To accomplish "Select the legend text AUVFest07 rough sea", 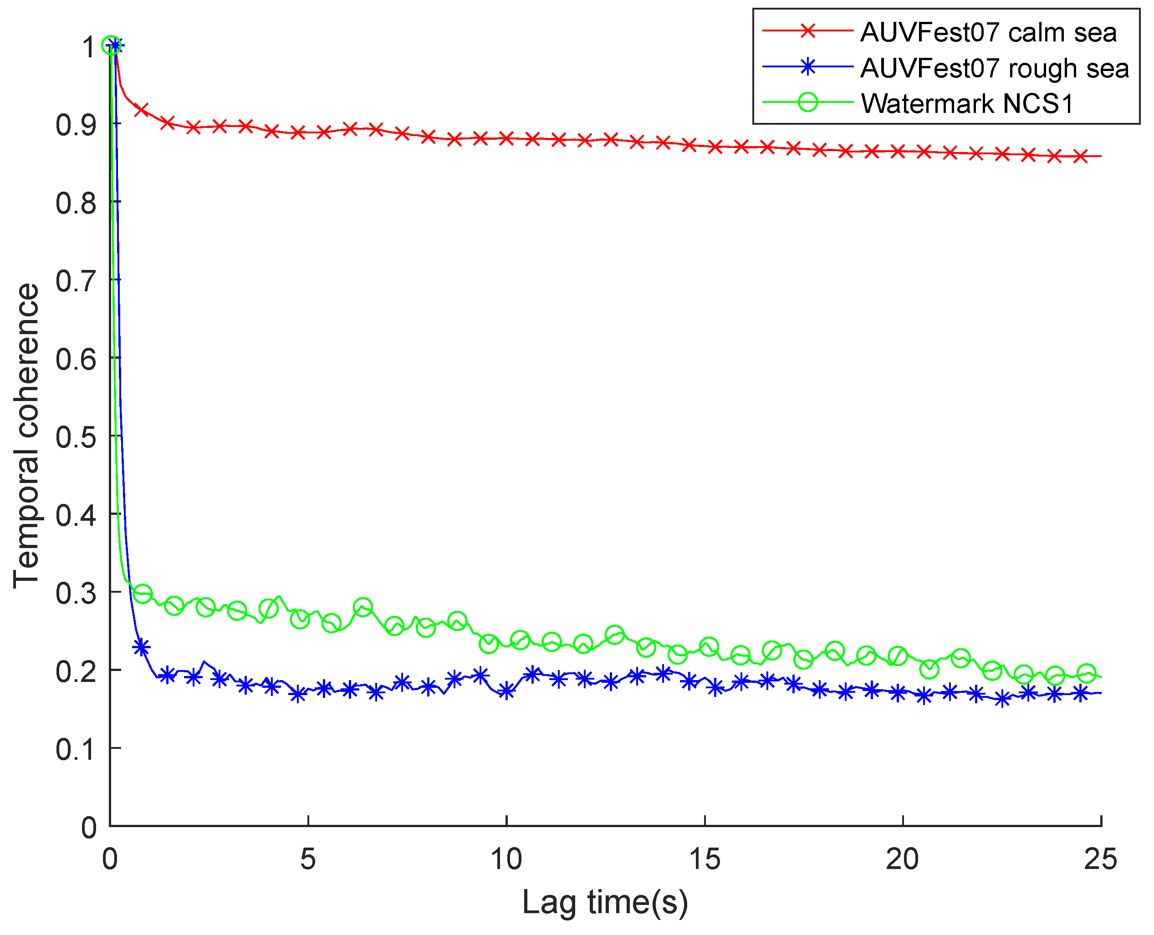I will pyautogui.click(x=994, y=68).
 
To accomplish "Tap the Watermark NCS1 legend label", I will pyautogui.click(x=967, y=103).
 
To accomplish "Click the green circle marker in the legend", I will pyautogui.click(x=807, y=102).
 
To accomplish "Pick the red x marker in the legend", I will pyautogui.click(x=807, y=31).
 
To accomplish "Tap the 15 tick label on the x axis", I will pyautogui.click(x=704, y=859).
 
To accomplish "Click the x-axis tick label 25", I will pyautogui.click(x=1100, y=859).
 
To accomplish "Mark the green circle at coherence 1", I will pyautogui.click(x=111, y=47).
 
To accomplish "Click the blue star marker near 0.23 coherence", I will pyautogui.click(x=141, y=647).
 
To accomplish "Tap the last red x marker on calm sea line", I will pyautogui.click(x=1080, y=157).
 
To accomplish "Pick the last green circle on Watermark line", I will pyautogui.click(x=1087, y=674).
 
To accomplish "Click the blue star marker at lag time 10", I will pyautogui.click(x=506, y=691).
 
